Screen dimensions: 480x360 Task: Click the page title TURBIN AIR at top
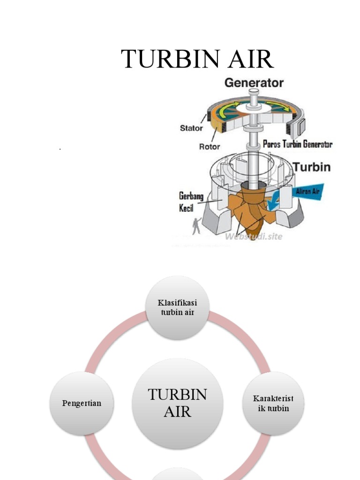click(197, 60)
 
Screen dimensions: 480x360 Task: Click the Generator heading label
click(254, 83)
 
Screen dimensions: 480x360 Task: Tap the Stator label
click(191, 128)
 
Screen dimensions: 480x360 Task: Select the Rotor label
click(210, 146)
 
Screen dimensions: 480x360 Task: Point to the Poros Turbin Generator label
click(298, 144)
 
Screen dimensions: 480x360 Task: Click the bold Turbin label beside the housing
click(312, 166)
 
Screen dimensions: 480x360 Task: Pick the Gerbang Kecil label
click(191, 202)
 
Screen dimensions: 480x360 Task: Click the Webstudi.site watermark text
click(254, 236)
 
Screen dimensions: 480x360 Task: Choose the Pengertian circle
click(82, 403)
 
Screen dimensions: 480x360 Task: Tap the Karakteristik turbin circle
click(273, 403)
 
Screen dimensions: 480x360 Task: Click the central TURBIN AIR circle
click(178, 403)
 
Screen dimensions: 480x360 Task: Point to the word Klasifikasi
click(178, 303)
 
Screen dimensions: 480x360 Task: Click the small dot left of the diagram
click(60, 149)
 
